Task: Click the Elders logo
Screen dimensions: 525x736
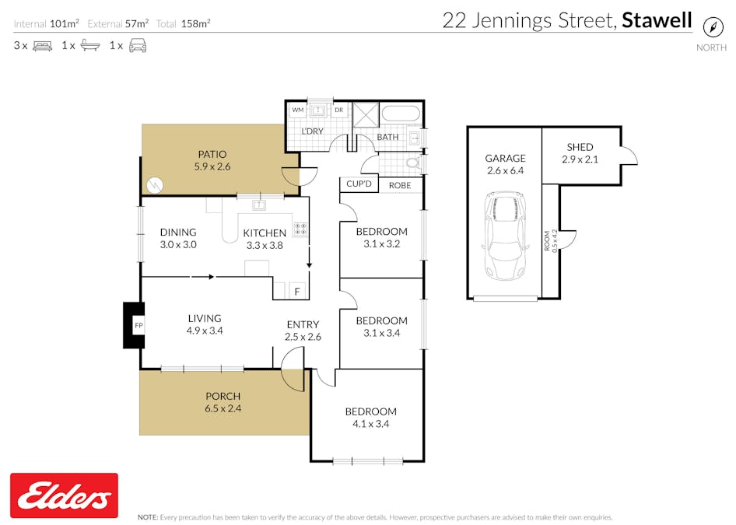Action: click(64, 495)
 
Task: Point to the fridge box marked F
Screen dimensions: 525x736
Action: click(296, 292)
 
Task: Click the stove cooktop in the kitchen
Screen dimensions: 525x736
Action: click(300, 229)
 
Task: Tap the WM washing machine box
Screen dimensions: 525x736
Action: click(297, 110)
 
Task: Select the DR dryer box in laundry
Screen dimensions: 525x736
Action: click(338, 110)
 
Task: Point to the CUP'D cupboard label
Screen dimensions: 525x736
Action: click(359, 185)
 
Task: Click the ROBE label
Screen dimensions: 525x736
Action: click(400, 185)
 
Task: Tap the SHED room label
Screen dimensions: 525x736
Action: click(580, 147)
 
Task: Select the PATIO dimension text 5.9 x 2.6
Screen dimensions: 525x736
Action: click(212, 166)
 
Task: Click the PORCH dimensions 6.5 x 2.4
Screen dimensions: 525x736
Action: click(223, 408)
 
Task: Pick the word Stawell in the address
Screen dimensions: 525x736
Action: click(657, 20)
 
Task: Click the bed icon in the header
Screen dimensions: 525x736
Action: click(42, 46)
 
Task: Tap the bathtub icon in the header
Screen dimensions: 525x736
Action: click(89, 46)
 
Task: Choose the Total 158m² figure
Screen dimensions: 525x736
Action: click(195, 23)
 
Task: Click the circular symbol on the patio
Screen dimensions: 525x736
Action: click(156, 185)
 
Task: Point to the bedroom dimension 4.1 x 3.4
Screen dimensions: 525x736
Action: click(371, 424)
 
